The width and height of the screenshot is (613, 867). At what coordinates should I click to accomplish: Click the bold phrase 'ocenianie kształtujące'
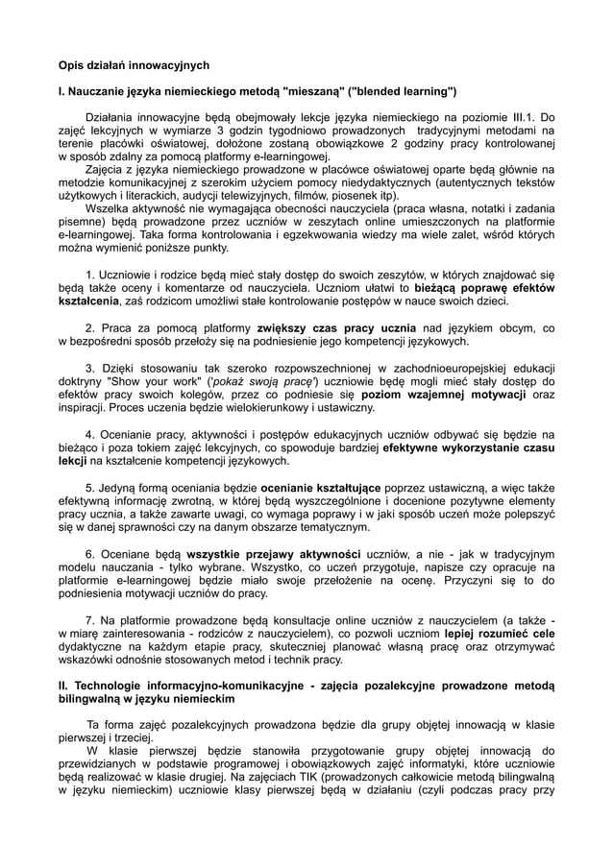click(325, 487)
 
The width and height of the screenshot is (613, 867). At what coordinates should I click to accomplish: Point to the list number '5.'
click(91, 487)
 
